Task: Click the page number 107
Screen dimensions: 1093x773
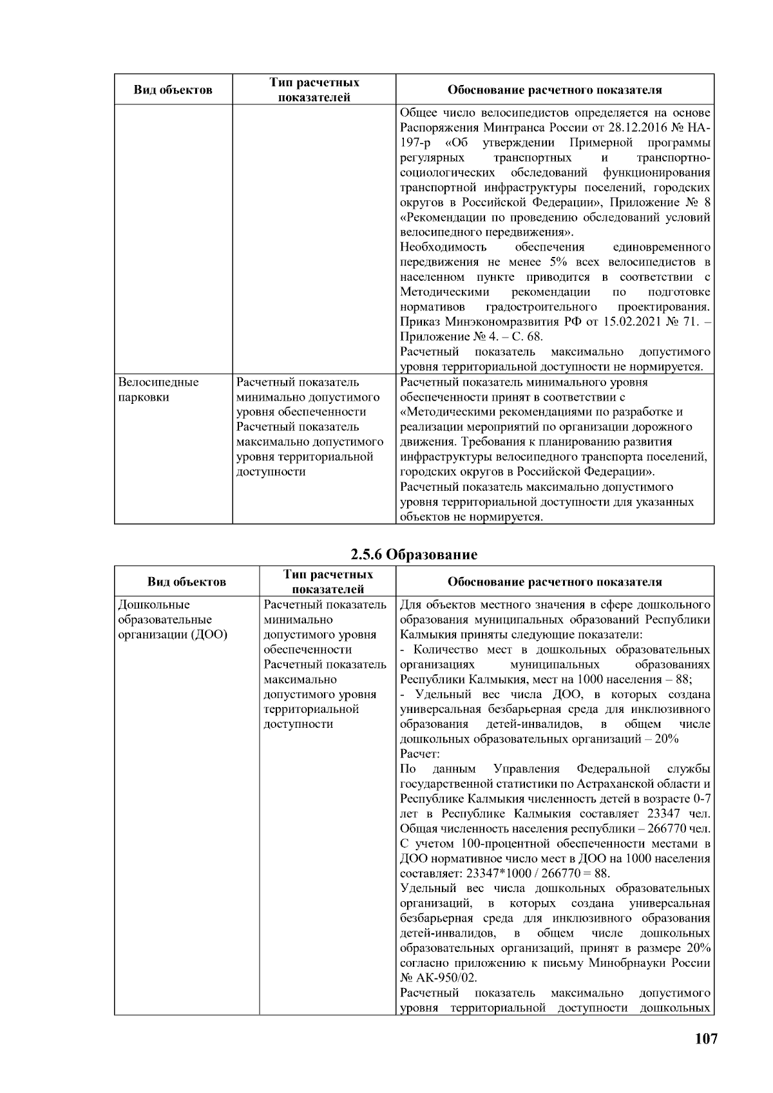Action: click(x=706, y=1039)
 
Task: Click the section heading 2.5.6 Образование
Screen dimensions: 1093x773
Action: click(x=414, y=554)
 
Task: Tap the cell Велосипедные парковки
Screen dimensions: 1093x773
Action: click(x=158, y=390)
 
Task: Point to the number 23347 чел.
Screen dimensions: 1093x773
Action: click(x=684, y=813)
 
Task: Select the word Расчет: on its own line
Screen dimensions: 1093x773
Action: click(x=420, y=754)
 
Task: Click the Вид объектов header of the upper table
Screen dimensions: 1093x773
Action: click(x=173, y=90)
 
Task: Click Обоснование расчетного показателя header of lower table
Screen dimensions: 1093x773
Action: click(x=554, y=582)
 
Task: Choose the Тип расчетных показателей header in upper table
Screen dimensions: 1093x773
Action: click(x=314, y=90)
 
